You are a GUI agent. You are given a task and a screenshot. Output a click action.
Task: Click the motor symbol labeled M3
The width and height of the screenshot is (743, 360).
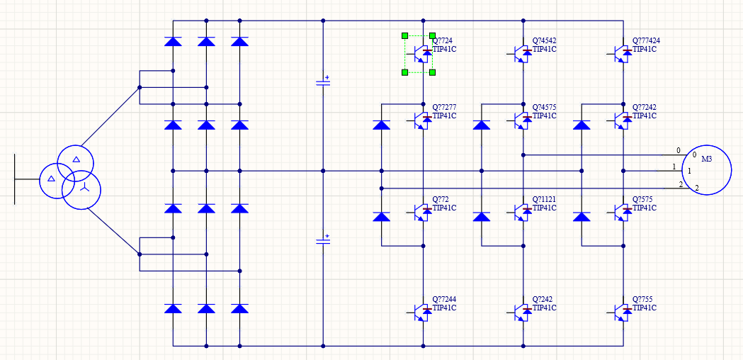[x=706, y=171]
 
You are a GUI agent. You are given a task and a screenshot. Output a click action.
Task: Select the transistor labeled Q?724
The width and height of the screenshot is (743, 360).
[x=423, y=52]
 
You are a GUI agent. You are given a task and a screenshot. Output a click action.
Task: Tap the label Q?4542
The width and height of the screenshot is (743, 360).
[x=545, y=41]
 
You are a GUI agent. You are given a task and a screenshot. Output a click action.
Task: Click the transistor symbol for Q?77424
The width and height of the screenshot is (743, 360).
[x=623, y=52]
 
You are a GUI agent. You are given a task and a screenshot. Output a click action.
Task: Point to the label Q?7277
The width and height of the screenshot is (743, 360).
[x=445, y=108]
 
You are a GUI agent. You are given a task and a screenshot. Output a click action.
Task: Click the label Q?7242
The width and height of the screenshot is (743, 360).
[x=645, y=108]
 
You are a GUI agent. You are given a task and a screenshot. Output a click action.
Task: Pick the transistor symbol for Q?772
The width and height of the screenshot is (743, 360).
[x=423, y=211]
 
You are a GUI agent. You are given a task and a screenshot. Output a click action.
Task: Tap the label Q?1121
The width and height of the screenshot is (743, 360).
[x=545, y=200]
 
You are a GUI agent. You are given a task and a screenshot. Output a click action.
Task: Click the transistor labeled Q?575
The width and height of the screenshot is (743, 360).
[x=623, y=211]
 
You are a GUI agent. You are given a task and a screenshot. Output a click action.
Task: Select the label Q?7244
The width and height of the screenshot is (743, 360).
[x=445, y=300]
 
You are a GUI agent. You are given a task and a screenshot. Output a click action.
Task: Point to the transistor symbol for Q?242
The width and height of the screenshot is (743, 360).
[x=523, y=311]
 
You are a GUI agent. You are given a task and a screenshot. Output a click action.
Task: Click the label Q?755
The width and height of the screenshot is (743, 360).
[x=643, y=300]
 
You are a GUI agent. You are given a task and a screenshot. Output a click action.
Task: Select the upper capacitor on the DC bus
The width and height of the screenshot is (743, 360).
[x=323, y=83]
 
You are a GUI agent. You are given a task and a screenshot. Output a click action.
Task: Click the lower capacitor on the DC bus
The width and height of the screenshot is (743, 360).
[x=323, y=242]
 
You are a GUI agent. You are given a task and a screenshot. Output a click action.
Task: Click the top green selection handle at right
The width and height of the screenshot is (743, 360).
[x=432, y=35]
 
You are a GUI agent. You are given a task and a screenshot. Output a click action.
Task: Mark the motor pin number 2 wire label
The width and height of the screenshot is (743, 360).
[x=681, y=185]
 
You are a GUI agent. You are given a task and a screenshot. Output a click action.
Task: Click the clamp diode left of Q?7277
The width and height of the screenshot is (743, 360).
[x=382, y=125]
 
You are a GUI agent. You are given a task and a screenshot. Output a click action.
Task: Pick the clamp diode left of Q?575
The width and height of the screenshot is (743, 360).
[x=582, y=217]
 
